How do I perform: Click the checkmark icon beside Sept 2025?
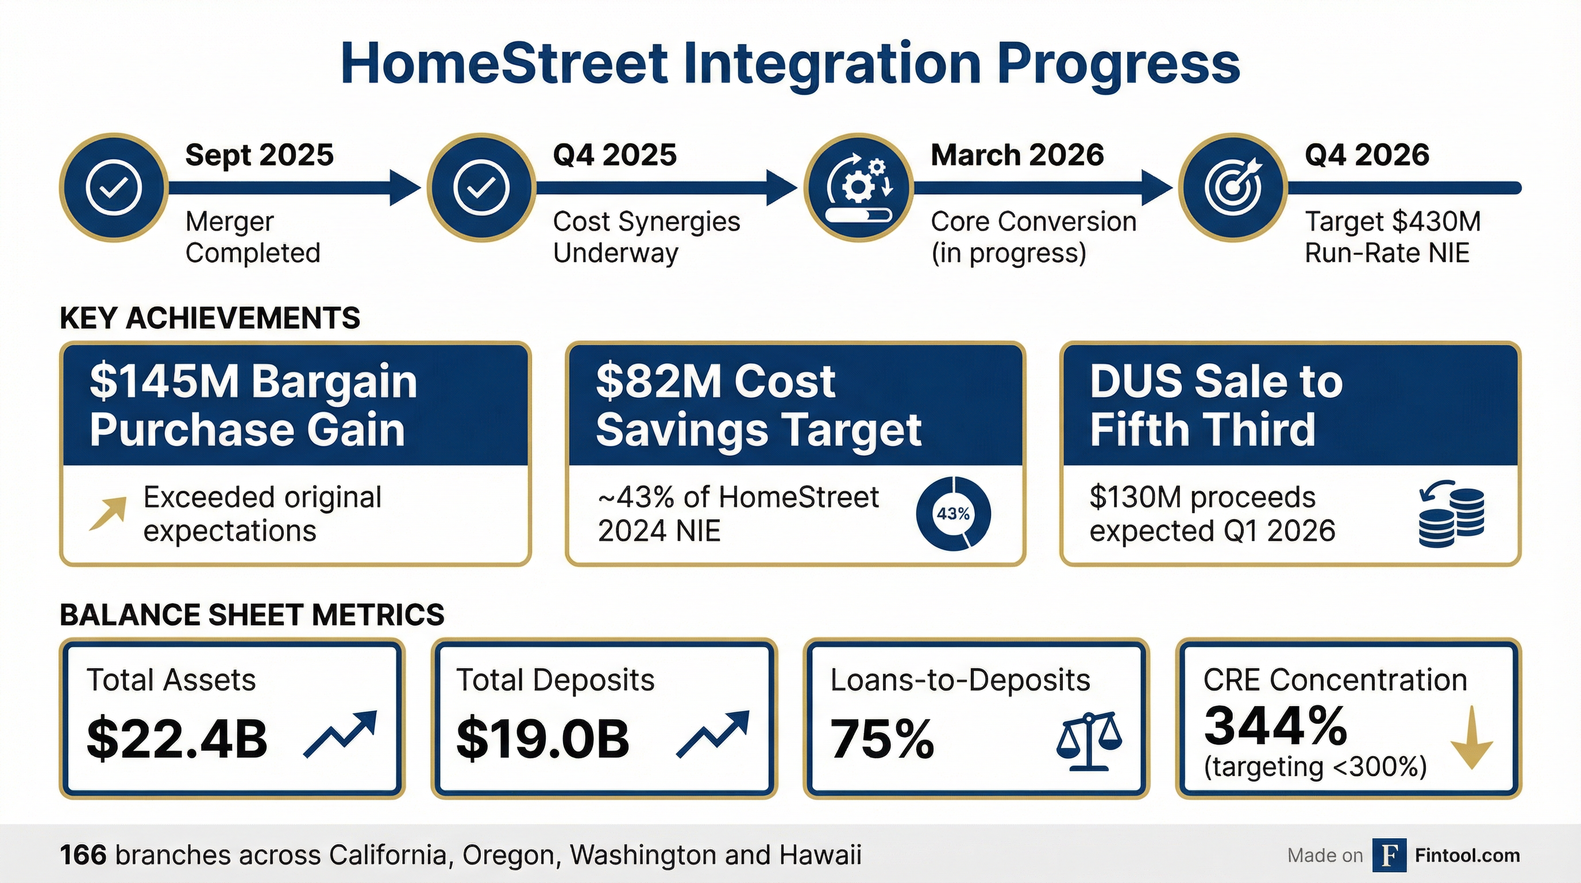[x=114, y=188]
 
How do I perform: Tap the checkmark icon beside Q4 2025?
[x=481, y=188]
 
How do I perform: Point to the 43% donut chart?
[x=953, y=513]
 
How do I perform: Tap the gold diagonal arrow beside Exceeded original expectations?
[x=109, y=513]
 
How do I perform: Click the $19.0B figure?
[x=542, y=738]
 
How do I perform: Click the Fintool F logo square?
[x=1390, y=855]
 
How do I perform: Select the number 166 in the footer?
[x=83, y=855]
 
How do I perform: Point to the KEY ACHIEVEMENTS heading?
[x=210, y=318]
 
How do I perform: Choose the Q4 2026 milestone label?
[x=1367, y=155]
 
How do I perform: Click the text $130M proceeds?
[x=1202, y=497]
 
